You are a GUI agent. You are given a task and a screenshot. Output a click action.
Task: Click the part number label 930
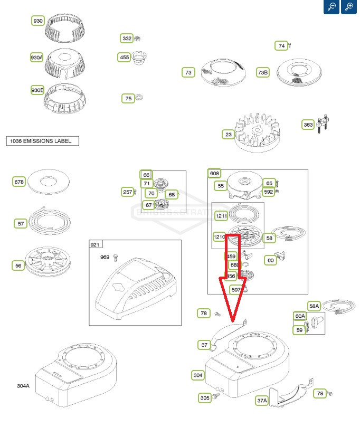pyautogui.click(x=38, y=21)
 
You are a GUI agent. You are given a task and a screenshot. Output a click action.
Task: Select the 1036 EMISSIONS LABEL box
pyautogui.click(x=42, y=141)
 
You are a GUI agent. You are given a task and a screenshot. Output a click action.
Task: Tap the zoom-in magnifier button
pyautogui.click(x=349, y=7)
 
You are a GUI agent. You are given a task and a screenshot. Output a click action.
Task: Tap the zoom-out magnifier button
pyautogui.click(x=331, y=7)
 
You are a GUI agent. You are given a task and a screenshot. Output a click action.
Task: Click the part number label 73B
pyautogui.click(x=263, y=73)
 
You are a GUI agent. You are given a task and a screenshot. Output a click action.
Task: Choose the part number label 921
pyautogui.click(x=96, y=245)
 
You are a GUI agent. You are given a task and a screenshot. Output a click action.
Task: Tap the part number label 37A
pyautogui.click(x=262, y=401)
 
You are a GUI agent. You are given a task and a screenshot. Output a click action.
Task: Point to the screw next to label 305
pyautogui.click(x=215, y=397)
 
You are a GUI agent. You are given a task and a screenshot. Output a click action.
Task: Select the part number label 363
pyautogui.click(x=308, y=125)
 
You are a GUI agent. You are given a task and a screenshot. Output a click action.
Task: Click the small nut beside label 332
pyautogui.click(x=137, y=39)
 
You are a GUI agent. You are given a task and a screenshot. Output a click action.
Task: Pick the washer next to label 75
pyautogui.click(x=139, y=98)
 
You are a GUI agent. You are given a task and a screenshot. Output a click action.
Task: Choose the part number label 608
pyautogui.click(x=214, y=174)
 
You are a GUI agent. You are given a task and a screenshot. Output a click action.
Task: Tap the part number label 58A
pyautogui.click(x=314, y=306)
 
